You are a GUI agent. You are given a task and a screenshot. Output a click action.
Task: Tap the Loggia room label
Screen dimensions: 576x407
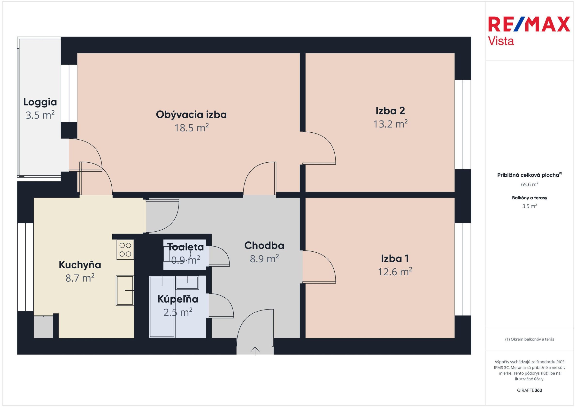(x=40, y=102)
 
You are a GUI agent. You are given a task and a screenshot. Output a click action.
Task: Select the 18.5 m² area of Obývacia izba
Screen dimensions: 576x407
(x=192, y=128)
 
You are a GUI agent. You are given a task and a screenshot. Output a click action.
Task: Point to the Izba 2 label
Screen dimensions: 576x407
(x=390, y=111)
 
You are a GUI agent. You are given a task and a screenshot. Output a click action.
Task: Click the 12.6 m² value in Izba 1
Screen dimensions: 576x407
(x=395, y=271)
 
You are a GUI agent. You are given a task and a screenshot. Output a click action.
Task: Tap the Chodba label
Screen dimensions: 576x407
(x=264, y=246)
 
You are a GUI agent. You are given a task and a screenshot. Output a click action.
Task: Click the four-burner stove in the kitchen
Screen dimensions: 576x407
(x=125, y=250)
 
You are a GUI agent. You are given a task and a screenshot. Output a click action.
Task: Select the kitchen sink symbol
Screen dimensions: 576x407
(x=125, y=290)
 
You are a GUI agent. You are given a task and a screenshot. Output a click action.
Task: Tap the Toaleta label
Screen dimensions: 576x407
(x=186, y=247)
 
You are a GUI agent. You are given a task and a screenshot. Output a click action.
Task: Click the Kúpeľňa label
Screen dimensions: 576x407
(x=178, y=299)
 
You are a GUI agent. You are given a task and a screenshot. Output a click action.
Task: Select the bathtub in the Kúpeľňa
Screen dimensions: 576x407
(x=162, y=307)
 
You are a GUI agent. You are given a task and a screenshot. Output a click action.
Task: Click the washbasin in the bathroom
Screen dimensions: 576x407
(x=187, y=283)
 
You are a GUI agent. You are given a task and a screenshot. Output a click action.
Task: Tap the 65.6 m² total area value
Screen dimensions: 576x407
(x=530, y=185)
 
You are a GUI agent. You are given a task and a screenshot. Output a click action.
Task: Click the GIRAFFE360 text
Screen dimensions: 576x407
(x=530, y=390)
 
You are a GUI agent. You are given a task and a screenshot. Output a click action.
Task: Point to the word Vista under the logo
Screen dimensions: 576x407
(x=501, y=41)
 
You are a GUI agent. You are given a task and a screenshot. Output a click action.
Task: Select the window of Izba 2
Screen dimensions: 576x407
(x=463, y=125)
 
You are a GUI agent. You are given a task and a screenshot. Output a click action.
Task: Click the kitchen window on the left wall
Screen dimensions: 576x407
(x=25, y=267)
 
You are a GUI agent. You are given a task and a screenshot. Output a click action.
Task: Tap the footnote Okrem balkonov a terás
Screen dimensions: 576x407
(x=530, y=339)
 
